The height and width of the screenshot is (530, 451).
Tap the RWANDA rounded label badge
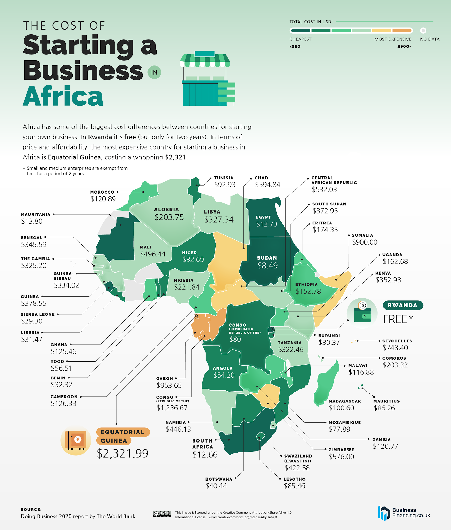pos(403,305)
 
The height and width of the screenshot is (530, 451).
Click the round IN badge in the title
pos(154,72)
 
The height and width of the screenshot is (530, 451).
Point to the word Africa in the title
pos(63,96)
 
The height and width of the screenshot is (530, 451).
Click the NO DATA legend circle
pos(423,31)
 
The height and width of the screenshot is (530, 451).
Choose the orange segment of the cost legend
pos(402,31)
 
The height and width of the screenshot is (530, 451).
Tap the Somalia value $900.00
pos(365,242)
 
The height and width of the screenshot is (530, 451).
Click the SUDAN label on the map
pos(267,258)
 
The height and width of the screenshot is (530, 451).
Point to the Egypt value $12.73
pos(267,224)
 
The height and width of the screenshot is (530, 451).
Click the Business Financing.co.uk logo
pos(404,513)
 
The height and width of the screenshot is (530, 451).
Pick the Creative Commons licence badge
pos(162,514)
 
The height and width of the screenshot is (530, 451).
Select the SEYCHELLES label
pos(397,341)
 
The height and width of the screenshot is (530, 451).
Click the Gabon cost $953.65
pos(169,385)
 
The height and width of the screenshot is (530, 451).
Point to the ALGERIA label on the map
pos(166,209)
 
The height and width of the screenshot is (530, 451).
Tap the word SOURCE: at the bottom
pos(31,509)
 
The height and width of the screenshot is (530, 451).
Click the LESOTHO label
pos(294,479)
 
